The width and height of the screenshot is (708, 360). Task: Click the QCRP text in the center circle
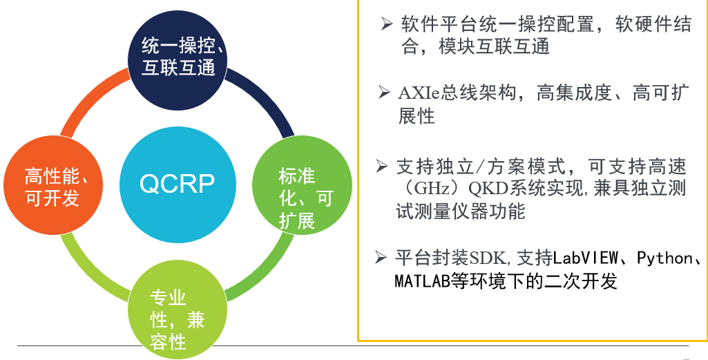177,184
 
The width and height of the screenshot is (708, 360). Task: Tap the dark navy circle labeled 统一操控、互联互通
178,60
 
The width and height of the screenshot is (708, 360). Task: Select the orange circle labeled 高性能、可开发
53,185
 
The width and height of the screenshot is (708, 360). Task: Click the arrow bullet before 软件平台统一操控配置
387,23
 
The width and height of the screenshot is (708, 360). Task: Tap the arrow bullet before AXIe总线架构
385,93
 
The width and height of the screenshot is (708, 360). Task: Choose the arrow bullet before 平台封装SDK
381,258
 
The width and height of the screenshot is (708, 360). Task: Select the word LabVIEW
585,258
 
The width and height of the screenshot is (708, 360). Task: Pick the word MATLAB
423,282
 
